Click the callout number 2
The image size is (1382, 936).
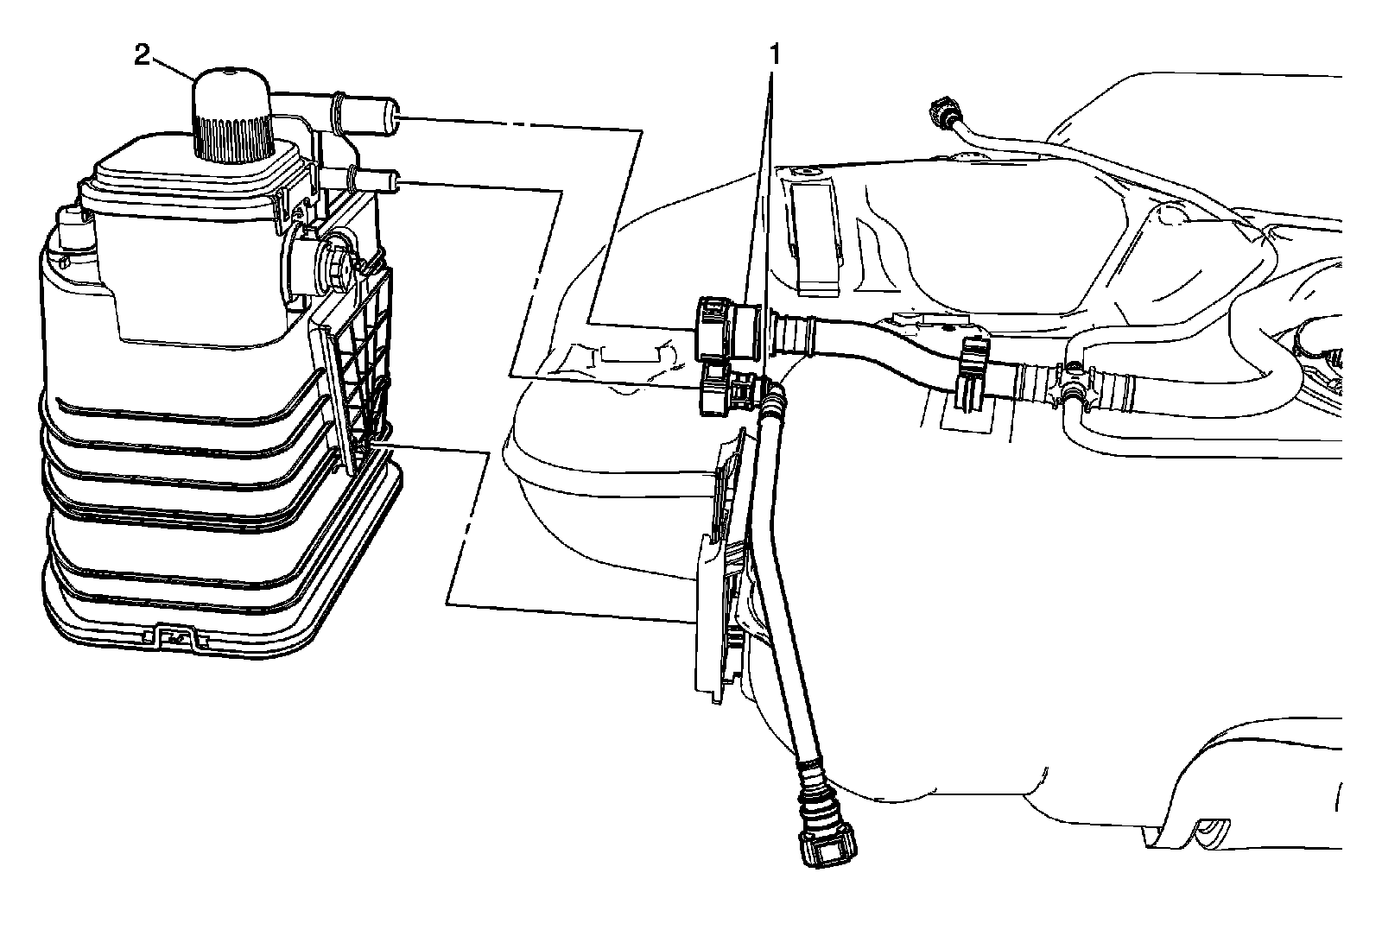[142, 56]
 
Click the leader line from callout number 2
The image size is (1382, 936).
[173, 67]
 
